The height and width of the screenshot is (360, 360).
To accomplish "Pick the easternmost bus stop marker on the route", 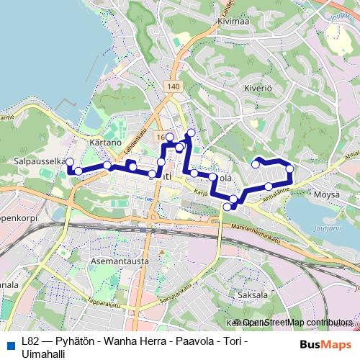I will click(x=290, y=169).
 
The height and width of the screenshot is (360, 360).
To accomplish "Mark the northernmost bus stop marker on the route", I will click(x=191, y=132).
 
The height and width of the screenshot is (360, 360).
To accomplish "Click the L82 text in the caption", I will click(x=30, y=341).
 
